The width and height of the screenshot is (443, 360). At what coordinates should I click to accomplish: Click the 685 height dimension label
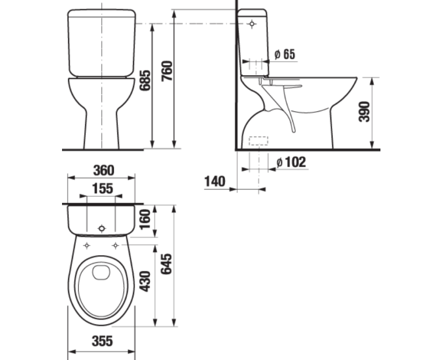(x=146, y=80)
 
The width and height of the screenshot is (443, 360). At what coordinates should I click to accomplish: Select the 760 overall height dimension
(x=167, y=71)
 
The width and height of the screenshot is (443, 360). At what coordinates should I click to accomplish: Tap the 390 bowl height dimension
(x=364, y=112)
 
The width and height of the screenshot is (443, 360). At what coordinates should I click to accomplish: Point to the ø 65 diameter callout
(x=285, y=54)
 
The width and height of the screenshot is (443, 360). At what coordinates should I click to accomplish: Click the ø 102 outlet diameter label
(x=291, y=162)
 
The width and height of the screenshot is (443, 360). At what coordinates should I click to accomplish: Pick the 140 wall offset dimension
(x=215, y=182)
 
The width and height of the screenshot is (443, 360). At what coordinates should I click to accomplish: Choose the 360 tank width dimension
(x=104, y=171)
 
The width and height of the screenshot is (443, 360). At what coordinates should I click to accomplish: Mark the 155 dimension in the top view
(x=102, y=188)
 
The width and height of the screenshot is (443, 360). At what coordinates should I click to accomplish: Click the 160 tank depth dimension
(x=146, y=220)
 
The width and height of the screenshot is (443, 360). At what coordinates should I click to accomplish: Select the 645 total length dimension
(x=166, y=264)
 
